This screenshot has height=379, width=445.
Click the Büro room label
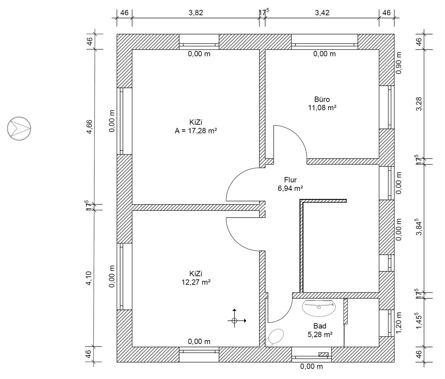pos(322,100)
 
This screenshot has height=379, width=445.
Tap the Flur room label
pos(290,180)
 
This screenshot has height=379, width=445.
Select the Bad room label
pos(320,326)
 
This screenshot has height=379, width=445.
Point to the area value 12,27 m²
pos(196,282)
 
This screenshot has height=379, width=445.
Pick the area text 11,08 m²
pos(322,108)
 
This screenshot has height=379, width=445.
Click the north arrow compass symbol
pos(19,128)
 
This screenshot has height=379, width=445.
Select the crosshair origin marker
pos(234,320)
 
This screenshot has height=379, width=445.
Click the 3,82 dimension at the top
pos(196,13)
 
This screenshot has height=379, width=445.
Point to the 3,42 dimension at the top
pos(322,13)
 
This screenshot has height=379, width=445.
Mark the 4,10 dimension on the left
pos(89,278)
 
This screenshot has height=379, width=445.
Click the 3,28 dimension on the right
pos(419,104)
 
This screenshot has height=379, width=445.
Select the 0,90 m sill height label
pos(399,63)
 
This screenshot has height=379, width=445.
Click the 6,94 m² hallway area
pos(290,188)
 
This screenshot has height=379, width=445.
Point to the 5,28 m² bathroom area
pos(320,334)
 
